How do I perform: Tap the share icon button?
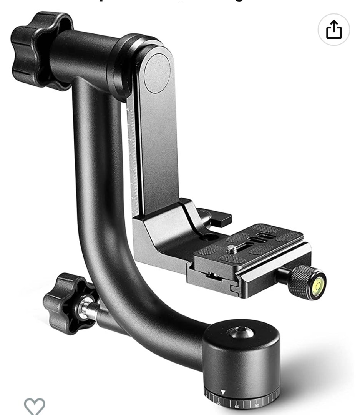point(333,30)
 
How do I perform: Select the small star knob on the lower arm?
point(65,303)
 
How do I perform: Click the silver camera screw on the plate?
point(231,249)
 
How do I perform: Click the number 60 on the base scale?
point(237,406)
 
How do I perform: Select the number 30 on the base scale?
point(257,405)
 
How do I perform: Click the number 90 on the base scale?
point(218,403)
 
